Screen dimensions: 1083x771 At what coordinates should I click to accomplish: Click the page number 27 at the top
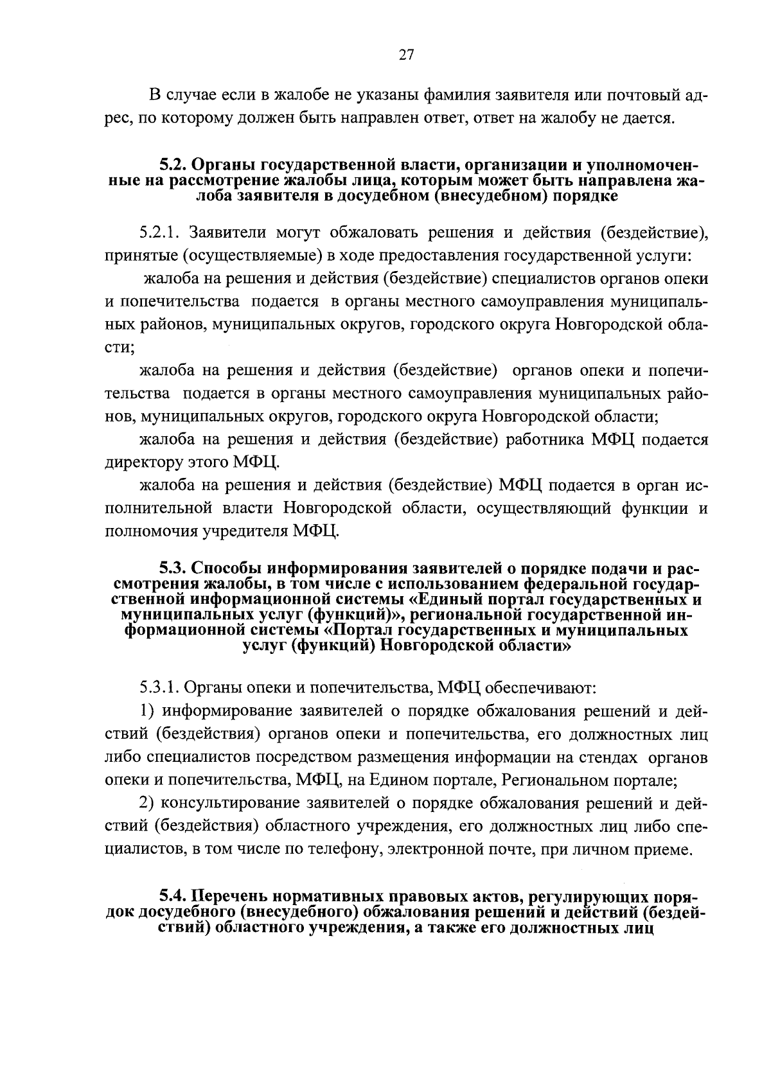pyautogui.click(x=406, y=55)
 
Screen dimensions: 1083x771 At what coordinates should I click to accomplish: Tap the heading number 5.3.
pyautogui.click(x=172, y=570)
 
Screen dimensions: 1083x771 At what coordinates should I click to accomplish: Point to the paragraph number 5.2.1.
pyautogui.click(x=157, y=232)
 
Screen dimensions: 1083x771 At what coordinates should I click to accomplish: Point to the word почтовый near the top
pyautogui.click(x=637, y=96)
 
